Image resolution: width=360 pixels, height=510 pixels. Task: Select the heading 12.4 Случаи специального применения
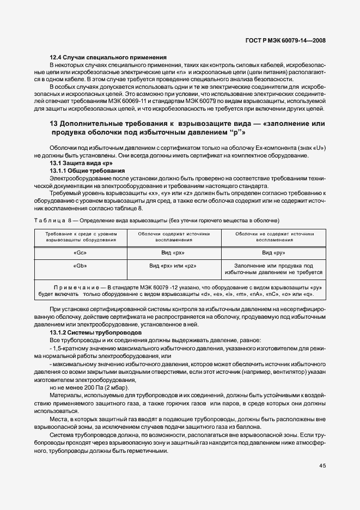(108, 58)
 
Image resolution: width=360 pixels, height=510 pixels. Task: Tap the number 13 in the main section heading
(54, 124)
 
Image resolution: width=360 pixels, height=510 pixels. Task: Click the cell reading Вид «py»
(274, 253)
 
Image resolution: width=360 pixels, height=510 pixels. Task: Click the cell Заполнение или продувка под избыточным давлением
(274, 269)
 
